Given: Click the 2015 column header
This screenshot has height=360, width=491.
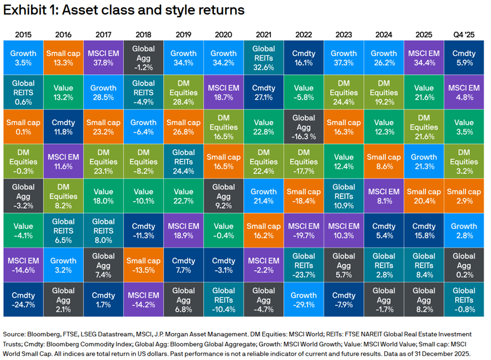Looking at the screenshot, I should pyautogui.click(x=23, y=34).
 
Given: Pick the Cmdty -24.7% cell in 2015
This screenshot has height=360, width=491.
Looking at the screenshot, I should pyautogui.click(x=23, y=300).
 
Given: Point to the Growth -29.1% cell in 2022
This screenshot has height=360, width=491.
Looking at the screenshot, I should pyautogui.click(x=304, y=300).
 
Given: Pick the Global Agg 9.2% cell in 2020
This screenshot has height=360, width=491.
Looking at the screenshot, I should pyautogui.click(x=223, y=196).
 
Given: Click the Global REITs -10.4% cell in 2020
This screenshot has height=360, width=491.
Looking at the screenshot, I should pyautogui.click(x=223, y=300).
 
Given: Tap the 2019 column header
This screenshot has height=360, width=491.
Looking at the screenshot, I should pyautogui.click(x=184, y=34).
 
